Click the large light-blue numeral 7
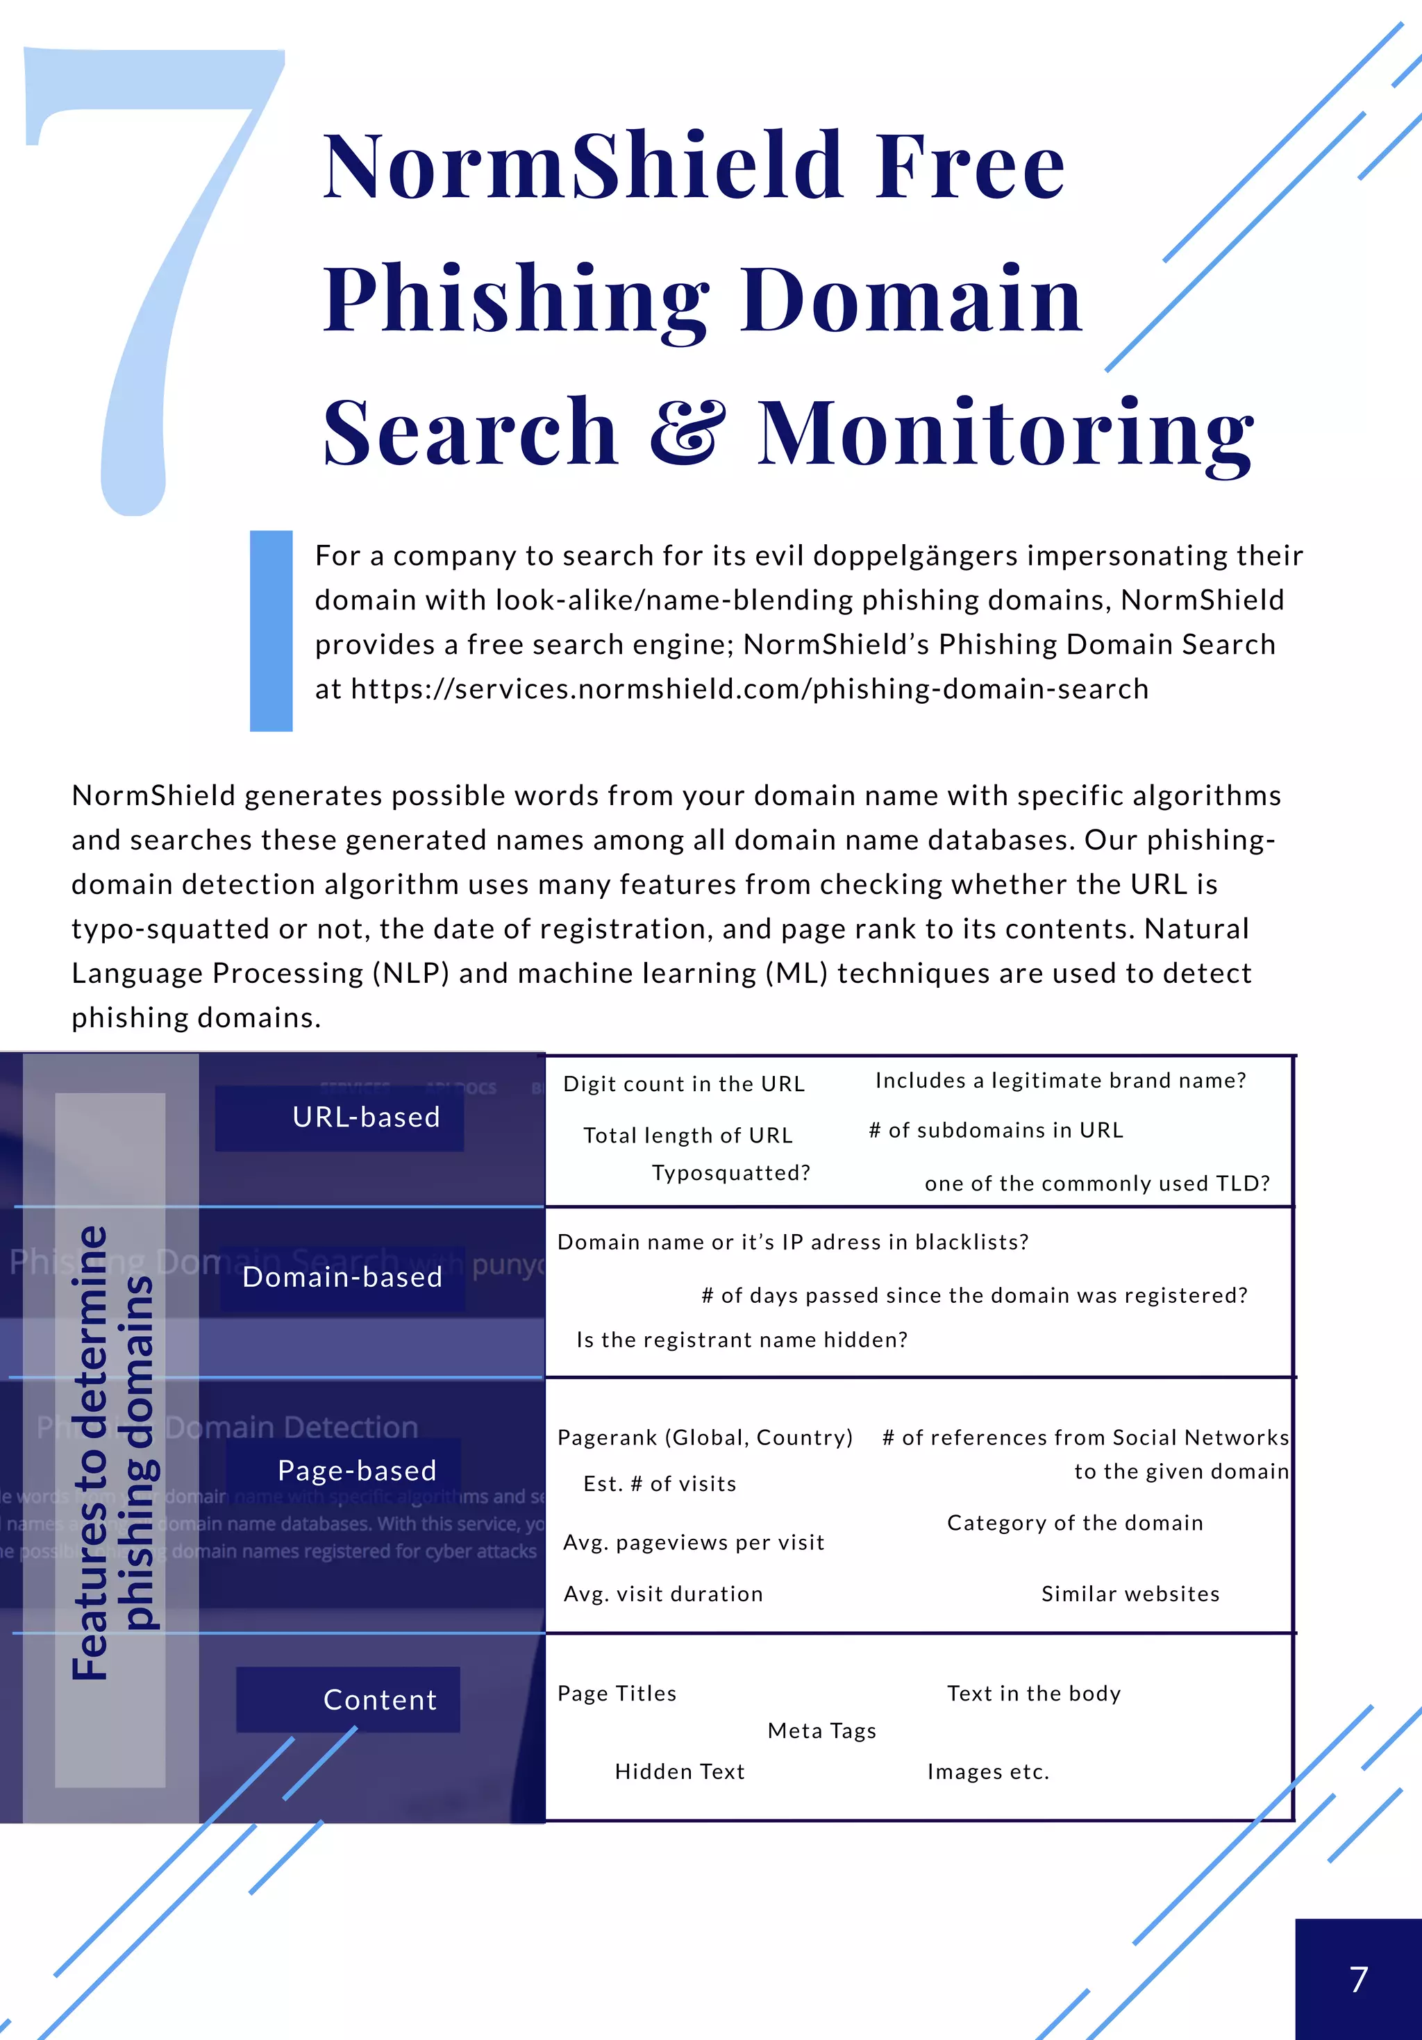156,267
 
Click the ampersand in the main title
686,432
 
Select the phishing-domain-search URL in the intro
749,689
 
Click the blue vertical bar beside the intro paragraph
271,631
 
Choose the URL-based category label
365,1117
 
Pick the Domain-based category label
342,1276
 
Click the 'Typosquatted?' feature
730,1173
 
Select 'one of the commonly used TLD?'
1097,1183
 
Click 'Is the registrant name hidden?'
742,1339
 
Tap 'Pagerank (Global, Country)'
705,1438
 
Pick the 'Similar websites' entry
1130,1594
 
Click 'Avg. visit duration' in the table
663,1594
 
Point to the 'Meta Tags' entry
821,1731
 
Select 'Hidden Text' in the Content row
679,1771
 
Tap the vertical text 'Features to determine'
90,1453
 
